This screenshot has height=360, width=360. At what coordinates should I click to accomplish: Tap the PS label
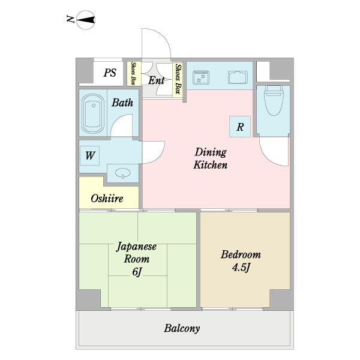click(x=110, y=73)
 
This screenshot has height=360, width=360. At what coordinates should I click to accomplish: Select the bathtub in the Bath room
click(x=93, y=113)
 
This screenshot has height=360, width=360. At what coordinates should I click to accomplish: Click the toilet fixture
click(x=274, y=100)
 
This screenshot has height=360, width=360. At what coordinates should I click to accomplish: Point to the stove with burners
click(x=201, y=77)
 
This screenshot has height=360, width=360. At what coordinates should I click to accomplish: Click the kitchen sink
click(x=238, y=77)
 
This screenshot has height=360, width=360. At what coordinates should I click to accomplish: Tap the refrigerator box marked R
click(x=240, y=127)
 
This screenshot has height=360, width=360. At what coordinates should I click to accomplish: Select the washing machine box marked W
click(x=89, y=155)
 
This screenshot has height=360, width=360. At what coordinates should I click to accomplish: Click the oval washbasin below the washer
click(x=123, y=173)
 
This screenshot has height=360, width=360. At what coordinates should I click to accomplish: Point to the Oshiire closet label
click(x=107, y=199)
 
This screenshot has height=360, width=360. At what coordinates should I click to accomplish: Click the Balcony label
click(x=182, y=328)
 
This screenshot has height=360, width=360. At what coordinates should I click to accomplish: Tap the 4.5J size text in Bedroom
click(x=241, y=267)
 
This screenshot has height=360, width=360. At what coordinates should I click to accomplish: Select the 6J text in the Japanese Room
click(x=137, y=272)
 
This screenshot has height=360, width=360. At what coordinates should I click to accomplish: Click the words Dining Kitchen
click(x=211, y=158)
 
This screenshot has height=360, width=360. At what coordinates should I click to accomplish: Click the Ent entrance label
click(x=157, y=80)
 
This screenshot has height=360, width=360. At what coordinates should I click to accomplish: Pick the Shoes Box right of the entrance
click(x=178, y=79)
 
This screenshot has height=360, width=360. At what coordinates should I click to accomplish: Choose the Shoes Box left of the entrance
click(x=133, y=73)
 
